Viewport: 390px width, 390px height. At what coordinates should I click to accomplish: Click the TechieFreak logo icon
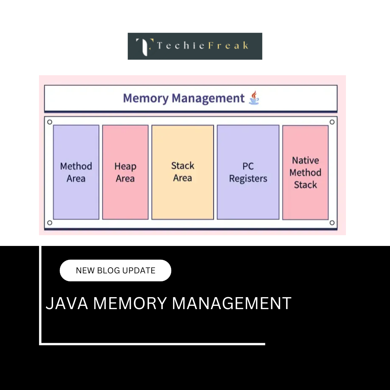coord(143,46)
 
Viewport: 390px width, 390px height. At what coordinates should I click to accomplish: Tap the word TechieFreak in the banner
coord(203,46)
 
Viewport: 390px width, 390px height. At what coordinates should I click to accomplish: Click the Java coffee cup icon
coord(254,98)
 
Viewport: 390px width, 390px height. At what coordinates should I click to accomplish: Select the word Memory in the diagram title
coord(146,98)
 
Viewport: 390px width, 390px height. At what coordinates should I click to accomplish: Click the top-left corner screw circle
coord(50,122)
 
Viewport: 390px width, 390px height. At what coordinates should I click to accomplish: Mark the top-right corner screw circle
coord(332,122)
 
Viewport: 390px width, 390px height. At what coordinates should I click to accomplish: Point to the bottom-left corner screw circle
coord(50,223)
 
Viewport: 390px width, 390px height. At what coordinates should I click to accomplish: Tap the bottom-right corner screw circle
coord(332,223)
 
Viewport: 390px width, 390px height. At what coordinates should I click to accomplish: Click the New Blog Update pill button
coord(115,270)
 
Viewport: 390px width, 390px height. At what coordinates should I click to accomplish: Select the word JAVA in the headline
coord(67,303)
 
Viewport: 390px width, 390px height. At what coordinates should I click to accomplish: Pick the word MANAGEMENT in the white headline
coord(231,303)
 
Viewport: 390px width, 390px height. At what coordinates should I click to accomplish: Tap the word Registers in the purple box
coord(248,179)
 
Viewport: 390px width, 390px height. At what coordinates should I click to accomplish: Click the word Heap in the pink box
coord(125,166)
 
